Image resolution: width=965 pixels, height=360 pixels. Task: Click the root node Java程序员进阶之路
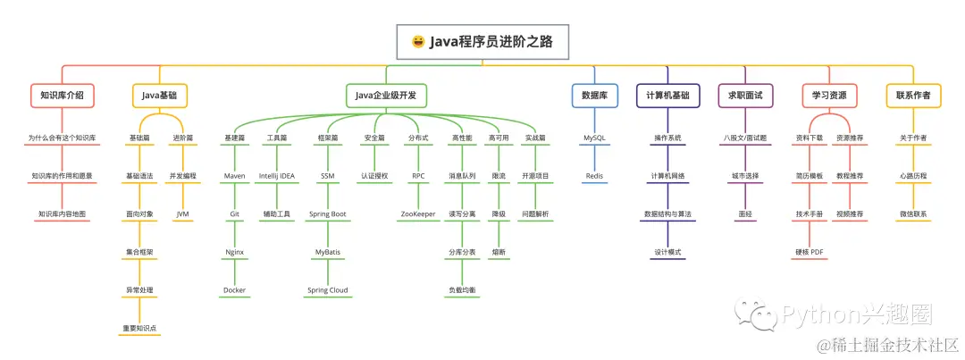(x=482, y=41)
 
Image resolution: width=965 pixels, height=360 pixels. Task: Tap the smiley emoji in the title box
(x=417, y=41)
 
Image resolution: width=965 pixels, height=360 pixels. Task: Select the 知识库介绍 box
(x=62, y=95)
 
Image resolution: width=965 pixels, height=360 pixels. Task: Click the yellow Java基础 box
(x=160, y=95)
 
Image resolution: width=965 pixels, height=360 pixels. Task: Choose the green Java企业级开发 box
(x=385, y=95)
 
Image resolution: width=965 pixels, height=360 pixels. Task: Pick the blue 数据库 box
(x=594, y=95)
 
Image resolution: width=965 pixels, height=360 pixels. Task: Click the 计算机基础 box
(x=667, y=95)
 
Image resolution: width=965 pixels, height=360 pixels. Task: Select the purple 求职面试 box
(x=744, y=95)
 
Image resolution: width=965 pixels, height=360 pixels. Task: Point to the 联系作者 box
(x=912, y=95)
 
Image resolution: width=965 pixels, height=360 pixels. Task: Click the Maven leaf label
(x=234, y=176)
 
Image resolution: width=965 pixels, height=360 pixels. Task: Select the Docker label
(x=234, y=290)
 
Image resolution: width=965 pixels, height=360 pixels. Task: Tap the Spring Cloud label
(x=327, y=290)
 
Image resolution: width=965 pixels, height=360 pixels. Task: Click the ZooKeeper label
(x=417, y=214)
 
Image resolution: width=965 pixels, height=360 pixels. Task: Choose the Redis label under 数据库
(x=594, y=176)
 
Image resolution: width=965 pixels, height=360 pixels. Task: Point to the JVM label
(x=182, y=214)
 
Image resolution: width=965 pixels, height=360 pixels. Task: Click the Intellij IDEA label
(x=276, y=176)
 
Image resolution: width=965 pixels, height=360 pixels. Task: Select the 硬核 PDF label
(x=810, y=253)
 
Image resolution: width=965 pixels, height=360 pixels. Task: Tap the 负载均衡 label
(x=462, y=290)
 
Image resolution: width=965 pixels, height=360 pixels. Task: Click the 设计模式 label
(x=667, y=253)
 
